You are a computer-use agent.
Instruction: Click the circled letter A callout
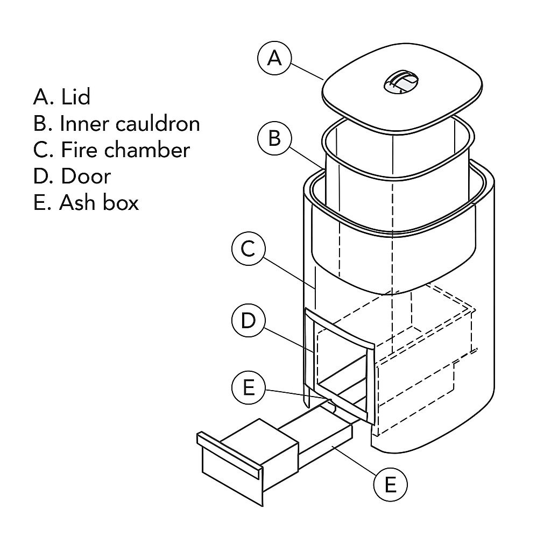pyautogui.click(x=274, y=58)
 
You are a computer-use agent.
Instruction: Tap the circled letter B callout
pyautogui.click(x=274, y=138)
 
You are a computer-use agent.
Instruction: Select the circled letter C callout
pyautogui.click(x=248, y=249)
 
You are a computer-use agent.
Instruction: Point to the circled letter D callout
pyautogui.click(x=248, y=321)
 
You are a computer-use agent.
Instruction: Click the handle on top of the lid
pyautogui.click(x=401, y=82)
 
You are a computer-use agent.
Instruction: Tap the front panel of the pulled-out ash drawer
pyautogui.click(x=231, y=468)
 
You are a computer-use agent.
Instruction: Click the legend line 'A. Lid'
pyautogui.click(x=61, y=97)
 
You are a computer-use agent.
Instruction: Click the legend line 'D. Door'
pyautogui.click(x=72, y=176)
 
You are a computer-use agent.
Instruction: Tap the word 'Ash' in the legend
pyautogui.click(x=79, y=202)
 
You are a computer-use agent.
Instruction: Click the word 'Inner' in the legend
pyautogui.click(x=84, y=124)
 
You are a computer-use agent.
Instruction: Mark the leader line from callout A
pyautogui.click(x=307, y=71)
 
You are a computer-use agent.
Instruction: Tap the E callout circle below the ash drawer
pyautogui.click(x=390, y=485)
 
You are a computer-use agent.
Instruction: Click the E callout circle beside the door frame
pyautogui.click(x=248, y=387)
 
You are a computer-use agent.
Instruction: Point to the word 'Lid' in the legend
pyautogui.click(x=75, y=97)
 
